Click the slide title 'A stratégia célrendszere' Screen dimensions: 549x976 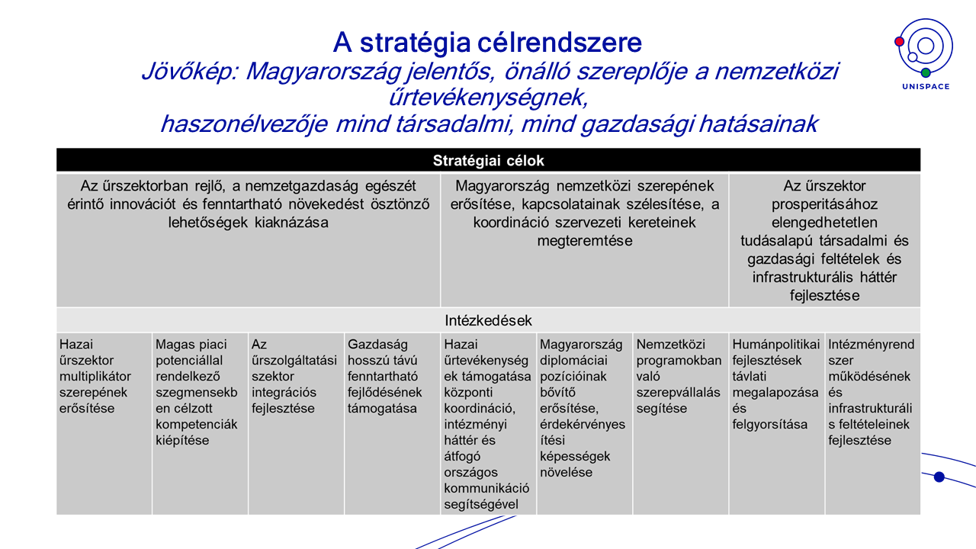487,41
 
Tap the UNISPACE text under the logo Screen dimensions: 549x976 924,87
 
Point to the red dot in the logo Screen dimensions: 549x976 900,41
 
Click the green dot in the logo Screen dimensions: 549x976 926,72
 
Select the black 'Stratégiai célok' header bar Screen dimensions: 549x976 488,160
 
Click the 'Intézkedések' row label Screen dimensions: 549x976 488,320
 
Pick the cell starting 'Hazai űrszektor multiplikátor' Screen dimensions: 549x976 104,423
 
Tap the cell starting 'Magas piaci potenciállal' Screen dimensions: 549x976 200,423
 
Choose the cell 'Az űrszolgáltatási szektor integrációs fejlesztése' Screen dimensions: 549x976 296,423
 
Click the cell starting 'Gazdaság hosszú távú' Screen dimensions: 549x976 392,423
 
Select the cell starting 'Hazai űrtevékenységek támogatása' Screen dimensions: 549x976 488,423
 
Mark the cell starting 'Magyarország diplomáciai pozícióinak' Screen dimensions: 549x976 584,423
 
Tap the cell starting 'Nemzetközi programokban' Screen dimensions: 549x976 680,423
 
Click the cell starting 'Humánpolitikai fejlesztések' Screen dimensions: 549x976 776,423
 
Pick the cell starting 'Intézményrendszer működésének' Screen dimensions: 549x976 872,423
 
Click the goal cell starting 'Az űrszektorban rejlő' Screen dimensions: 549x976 248,240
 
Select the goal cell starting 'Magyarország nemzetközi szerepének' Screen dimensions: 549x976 584,240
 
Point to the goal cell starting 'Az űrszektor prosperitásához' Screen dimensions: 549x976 824,240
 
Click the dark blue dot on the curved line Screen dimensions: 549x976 939,477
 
